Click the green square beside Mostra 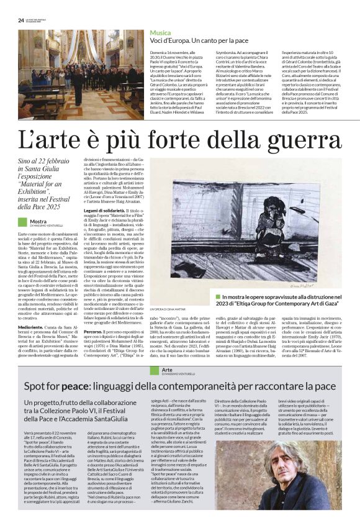tap(22, 222)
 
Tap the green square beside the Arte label tap(155, 370)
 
